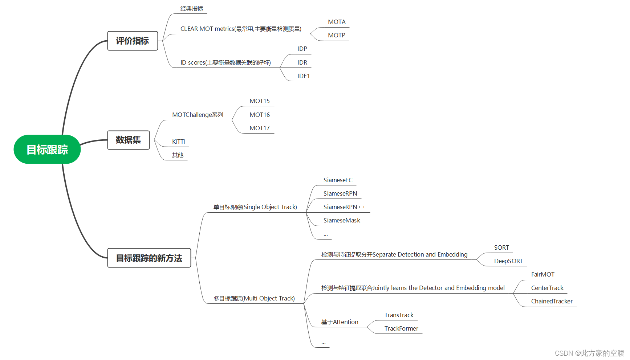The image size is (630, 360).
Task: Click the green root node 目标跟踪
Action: (x=47, y=150)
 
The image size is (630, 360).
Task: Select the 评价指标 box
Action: (x=133, y=41)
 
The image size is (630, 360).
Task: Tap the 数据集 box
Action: (x=129, y=140)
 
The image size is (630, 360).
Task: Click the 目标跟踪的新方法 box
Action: (x=149, y=258)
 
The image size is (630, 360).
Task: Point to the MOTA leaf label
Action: (x=337, y=22)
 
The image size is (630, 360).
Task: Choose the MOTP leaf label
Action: (x=337, y=36)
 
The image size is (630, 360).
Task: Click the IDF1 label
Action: (x=304, y=76)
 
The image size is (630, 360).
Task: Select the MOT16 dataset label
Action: (x=260, y=115)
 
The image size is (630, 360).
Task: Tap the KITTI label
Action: (x=178, y=142)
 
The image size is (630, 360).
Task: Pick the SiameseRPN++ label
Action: (x=344, y=207)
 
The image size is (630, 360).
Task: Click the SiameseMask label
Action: (x=342, y=221)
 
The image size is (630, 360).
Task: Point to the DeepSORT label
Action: (x=508, y=261)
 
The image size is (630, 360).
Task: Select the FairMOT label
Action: (x=543, y=275)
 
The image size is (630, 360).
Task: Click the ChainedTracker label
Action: (x=552, y=302)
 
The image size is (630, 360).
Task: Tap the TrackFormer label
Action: (x=401, y=329)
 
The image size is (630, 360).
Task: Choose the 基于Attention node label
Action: (x=340, y=322)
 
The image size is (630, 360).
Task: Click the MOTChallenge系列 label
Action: (x=198, y=115)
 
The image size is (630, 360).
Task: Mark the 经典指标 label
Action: (x=192, y=9)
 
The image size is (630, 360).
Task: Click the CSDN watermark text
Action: (x=589, y=353)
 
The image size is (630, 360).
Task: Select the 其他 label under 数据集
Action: (x=178, y=155)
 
